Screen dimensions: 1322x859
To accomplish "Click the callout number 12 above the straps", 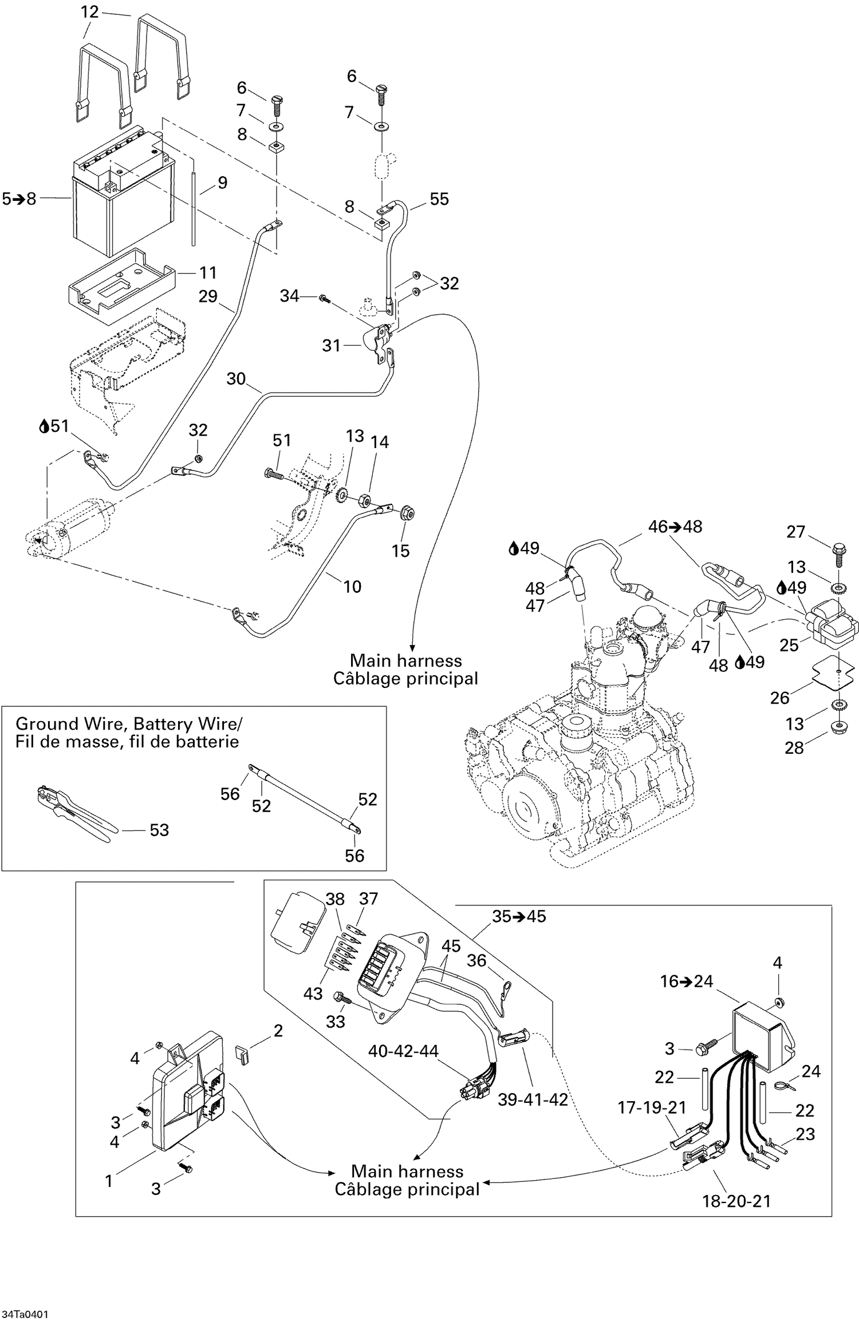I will point(90,12).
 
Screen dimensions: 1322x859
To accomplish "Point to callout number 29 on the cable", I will point(208,296).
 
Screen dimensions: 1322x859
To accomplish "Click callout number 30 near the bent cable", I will point(236,379).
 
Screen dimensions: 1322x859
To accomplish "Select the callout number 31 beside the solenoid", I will point(332,346).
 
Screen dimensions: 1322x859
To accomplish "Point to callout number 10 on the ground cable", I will point(352,587).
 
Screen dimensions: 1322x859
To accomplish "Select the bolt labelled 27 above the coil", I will point(838,553).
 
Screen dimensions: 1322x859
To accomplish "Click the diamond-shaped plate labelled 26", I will point(838,671).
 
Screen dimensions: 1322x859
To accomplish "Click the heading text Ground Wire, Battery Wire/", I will point(128,724).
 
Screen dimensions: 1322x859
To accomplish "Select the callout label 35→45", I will point(519,916).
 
